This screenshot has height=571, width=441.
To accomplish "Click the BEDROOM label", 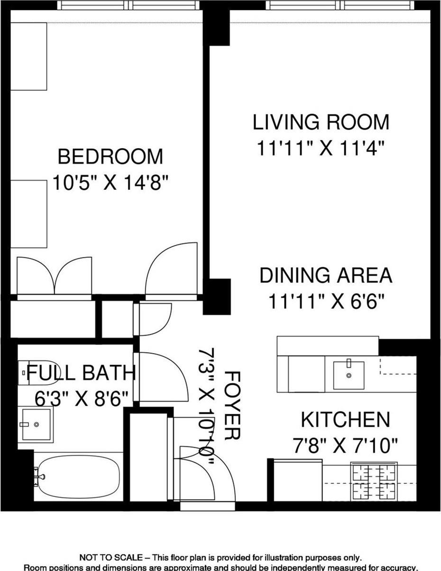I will point(110,156).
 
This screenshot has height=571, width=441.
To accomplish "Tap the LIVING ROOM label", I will point(321,122).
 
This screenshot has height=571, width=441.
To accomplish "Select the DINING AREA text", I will point(326,275).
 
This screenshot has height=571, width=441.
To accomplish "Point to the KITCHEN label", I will point(345,420).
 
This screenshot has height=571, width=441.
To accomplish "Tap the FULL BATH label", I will point(81,373).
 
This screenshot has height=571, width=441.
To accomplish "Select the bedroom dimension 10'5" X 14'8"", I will point(110,183).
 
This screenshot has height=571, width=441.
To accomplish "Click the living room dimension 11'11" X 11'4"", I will point(321,148).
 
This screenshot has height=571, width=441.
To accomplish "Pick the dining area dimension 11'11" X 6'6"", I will point(326,301).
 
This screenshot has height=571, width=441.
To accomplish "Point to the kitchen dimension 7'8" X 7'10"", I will point(345,446).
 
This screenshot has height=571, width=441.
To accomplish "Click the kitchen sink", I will point(349,375).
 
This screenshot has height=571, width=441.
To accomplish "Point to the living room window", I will point(340,5).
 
